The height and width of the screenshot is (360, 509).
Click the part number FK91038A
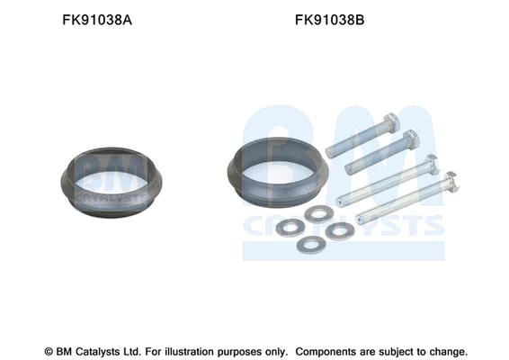pyautogui.click(x=97, y=20)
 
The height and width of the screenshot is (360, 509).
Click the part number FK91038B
pyautogui.click(x=329, y=20)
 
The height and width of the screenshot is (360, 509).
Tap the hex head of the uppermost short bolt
pyautogui.click(x=391, y=122)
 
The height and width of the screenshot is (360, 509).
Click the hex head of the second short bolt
pyautogui.click(x=411, y=139)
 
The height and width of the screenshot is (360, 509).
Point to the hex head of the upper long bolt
pyautogui.click(x=432, y=164)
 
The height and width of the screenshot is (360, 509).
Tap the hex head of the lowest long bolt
pyautogui.click(x=451, y=181)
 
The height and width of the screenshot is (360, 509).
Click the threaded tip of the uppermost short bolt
pyautogui.click(x=329, y=153)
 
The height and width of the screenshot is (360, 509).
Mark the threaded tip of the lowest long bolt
pyautogui.click(x=359, y=220)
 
